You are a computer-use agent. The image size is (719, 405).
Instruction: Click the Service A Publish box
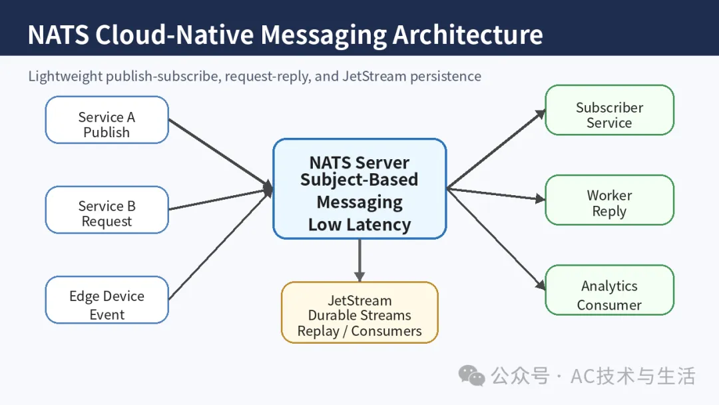[107, 120]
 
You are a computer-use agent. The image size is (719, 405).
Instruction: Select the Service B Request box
[107, 210]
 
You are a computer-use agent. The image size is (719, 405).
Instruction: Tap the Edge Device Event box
[107, 300]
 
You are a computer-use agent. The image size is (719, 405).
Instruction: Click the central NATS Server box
[359, 189]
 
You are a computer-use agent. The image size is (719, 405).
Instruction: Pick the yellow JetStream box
[359, 312]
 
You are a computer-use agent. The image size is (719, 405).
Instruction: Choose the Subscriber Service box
[609, 110]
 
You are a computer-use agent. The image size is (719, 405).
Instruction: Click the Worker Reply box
[609, 200]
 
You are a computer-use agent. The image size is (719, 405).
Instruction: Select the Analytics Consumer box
[609, 290]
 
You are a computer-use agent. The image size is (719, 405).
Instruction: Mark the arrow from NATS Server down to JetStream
[359, 260]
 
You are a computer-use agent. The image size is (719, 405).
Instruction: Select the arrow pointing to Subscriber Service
[496, 149]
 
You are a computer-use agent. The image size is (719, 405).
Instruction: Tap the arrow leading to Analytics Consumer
[496, 239]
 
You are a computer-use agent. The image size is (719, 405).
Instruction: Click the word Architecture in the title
[468, 35]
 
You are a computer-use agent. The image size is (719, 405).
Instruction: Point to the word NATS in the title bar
[58, 35]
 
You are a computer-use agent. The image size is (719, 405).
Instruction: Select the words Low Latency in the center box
[359, 224]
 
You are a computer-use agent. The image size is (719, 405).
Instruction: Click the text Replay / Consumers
[359, 331]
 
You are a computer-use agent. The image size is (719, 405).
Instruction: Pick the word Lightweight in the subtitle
[65, 77]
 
